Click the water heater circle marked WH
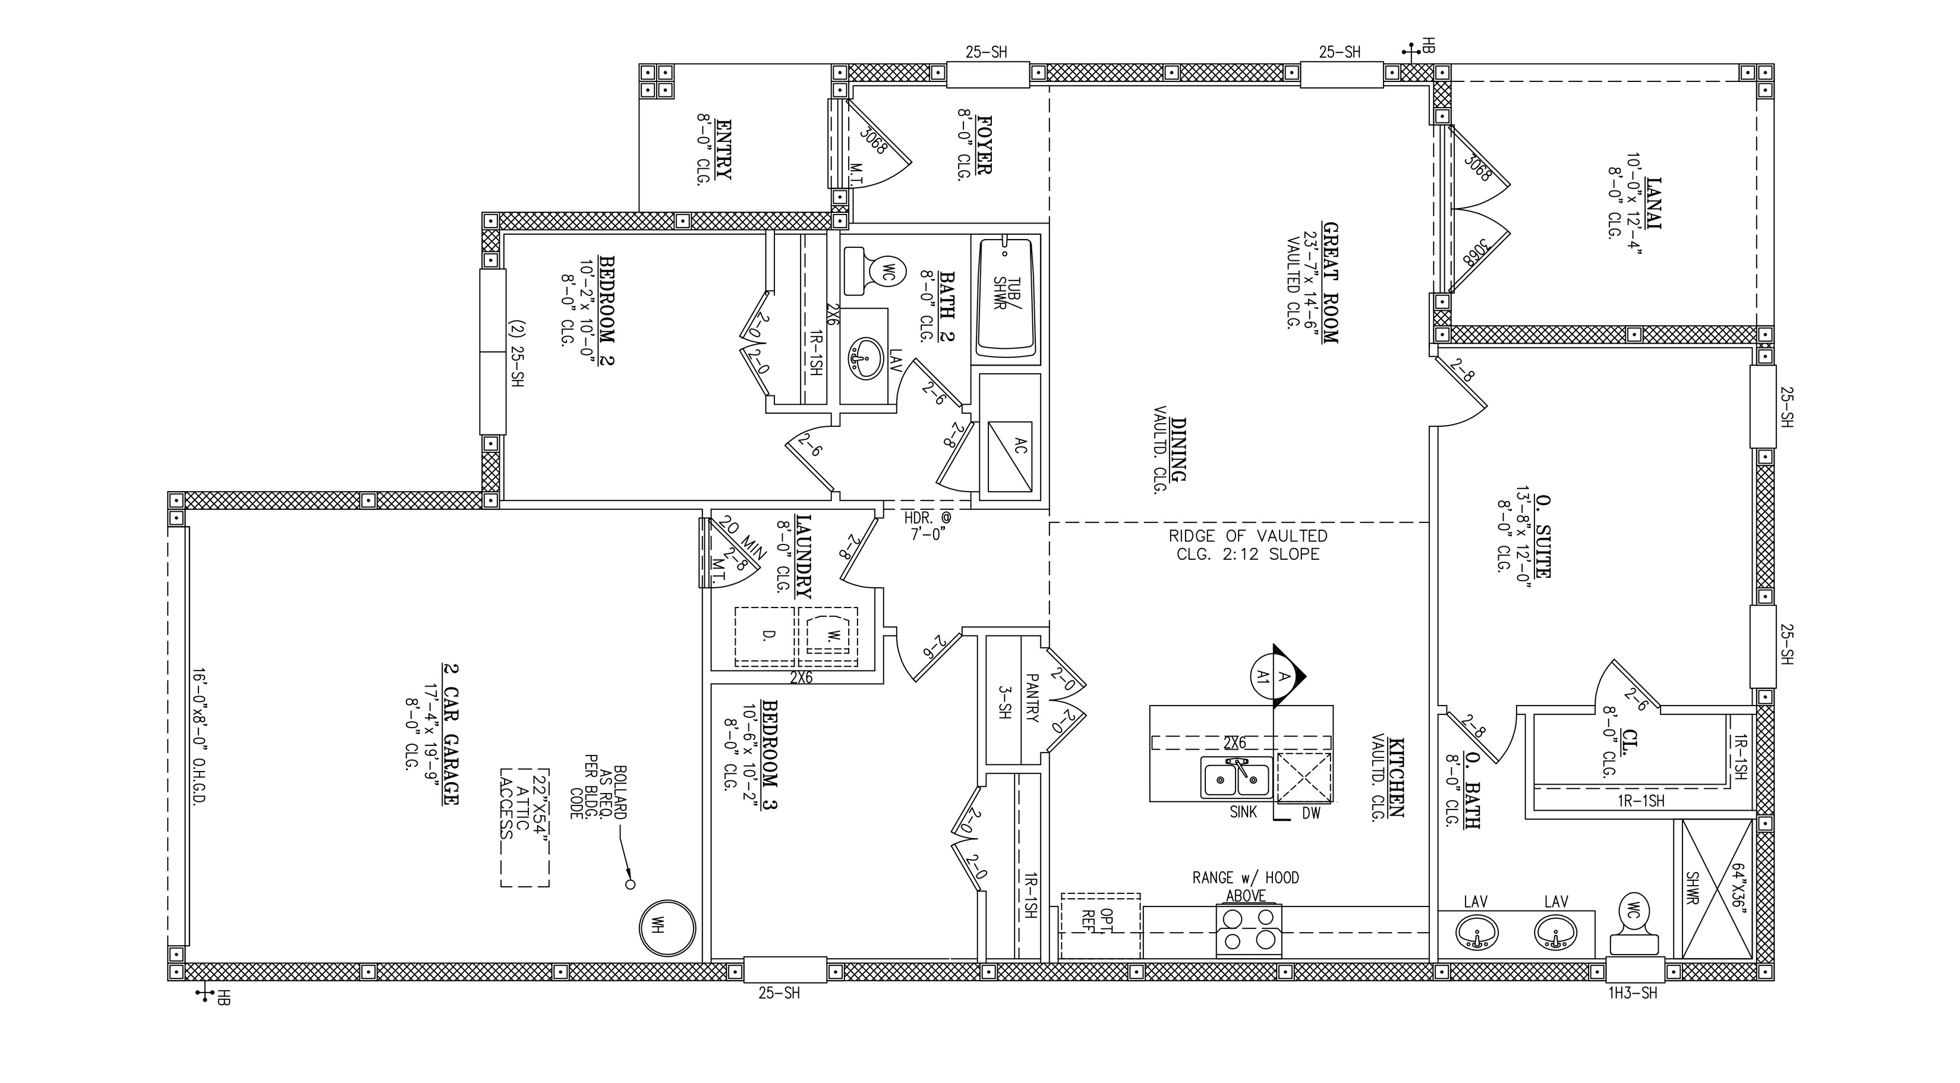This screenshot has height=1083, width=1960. point(667,928)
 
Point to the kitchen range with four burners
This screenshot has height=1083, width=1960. point(1249,930)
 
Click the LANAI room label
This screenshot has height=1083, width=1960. point(1653,203)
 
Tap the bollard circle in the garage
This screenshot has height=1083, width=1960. point(630,884)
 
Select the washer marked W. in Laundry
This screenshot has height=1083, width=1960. point(828,638)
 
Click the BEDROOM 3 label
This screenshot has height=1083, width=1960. point(769,755)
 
